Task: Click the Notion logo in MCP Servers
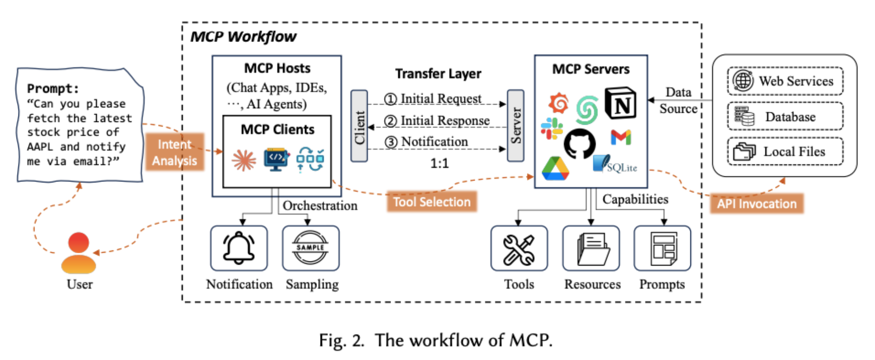pyautogui.click(x=620, y=104)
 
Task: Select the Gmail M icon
pyautogui.click(x=621, y=137)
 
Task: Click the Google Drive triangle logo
pyautogui.click(x=555, y=168)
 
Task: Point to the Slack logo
pyautogui.click(x=552, y=128)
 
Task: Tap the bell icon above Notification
pyautogui.click(x=239, y=248)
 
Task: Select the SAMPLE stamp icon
pyautogui.click(x=310, y=248)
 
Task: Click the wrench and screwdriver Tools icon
pyautogui.click(x=519, y=249)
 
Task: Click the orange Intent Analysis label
pyautogui.click(x=175, y=152)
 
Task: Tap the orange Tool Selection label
pyautogui.click(x=432, y=202)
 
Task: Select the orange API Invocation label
pyautogui.click(x=757, y=203)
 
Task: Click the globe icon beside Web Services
pyautogui.click(x=743, y=81)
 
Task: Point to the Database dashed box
pyautogui.click(x=785, y=116)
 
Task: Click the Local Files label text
pyautogui.click(x=794, y=151)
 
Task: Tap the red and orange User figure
pyautogui.click(x=79, y=253)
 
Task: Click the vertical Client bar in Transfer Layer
pyautogui.click(x=359, y=126)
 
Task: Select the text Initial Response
pyautogui.click(x=444, y=121)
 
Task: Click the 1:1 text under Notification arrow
pyautogui.click(x=439, y=163)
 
